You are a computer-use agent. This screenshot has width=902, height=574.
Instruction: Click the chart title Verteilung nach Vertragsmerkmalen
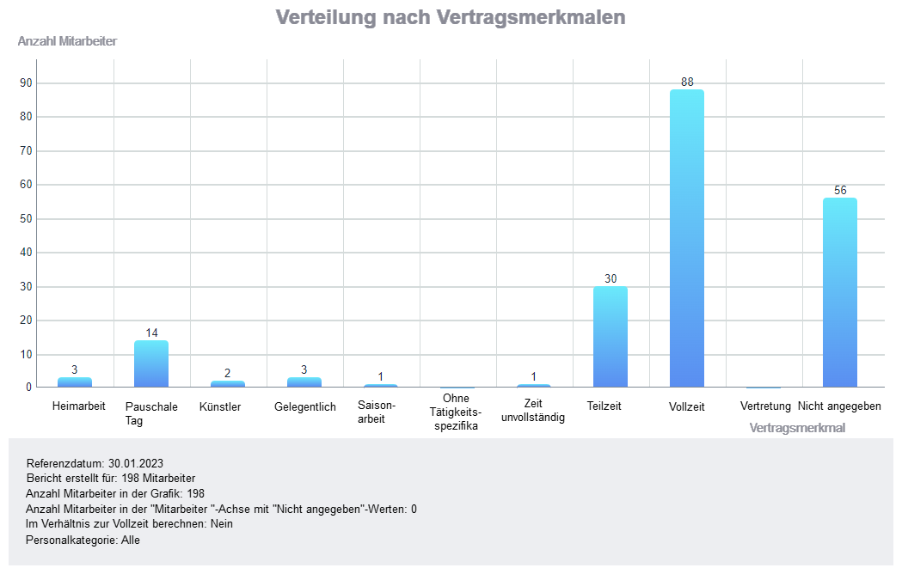coord(451,17)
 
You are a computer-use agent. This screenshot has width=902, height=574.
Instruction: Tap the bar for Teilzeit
coord(611,337)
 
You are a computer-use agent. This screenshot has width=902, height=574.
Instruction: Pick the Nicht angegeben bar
coord(840,292)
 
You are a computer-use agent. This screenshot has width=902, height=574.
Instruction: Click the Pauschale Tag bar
coord(151,364)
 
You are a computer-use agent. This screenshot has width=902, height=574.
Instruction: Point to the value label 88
coord(687,82)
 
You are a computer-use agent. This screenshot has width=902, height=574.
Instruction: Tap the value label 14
coord(151,333)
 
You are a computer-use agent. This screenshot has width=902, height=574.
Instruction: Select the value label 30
coord(611,279)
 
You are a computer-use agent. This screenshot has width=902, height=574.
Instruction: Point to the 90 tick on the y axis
coord(26,83)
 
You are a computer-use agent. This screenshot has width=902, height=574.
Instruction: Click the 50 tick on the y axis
coord(26,219)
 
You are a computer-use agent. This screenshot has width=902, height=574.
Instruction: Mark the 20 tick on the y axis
coord(26,321)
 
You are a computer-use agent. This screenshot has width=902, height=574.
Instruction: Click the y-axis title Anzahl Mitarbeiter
coord(67,41)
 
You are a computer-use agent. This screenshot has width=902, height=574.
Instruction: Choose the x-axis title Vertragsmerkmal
coord(797,427)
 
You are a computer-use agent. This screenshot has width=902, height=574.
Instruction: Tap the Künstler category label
coord(220,406)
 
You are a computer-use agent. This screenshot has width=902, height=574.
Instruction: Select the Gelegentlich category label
coord(305,406)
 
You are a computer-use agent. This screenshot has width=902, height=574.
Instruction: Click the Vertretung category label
coord(765,406)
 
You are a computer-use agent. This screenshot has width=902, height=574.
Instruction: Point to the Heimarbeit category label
coord(79,406)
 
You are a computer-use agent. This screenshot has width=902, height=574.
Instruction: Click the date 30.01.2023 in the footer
coord(136,463)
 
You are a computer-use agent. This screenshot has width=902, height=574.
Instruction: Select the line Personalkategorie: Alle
coord(83,540)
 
